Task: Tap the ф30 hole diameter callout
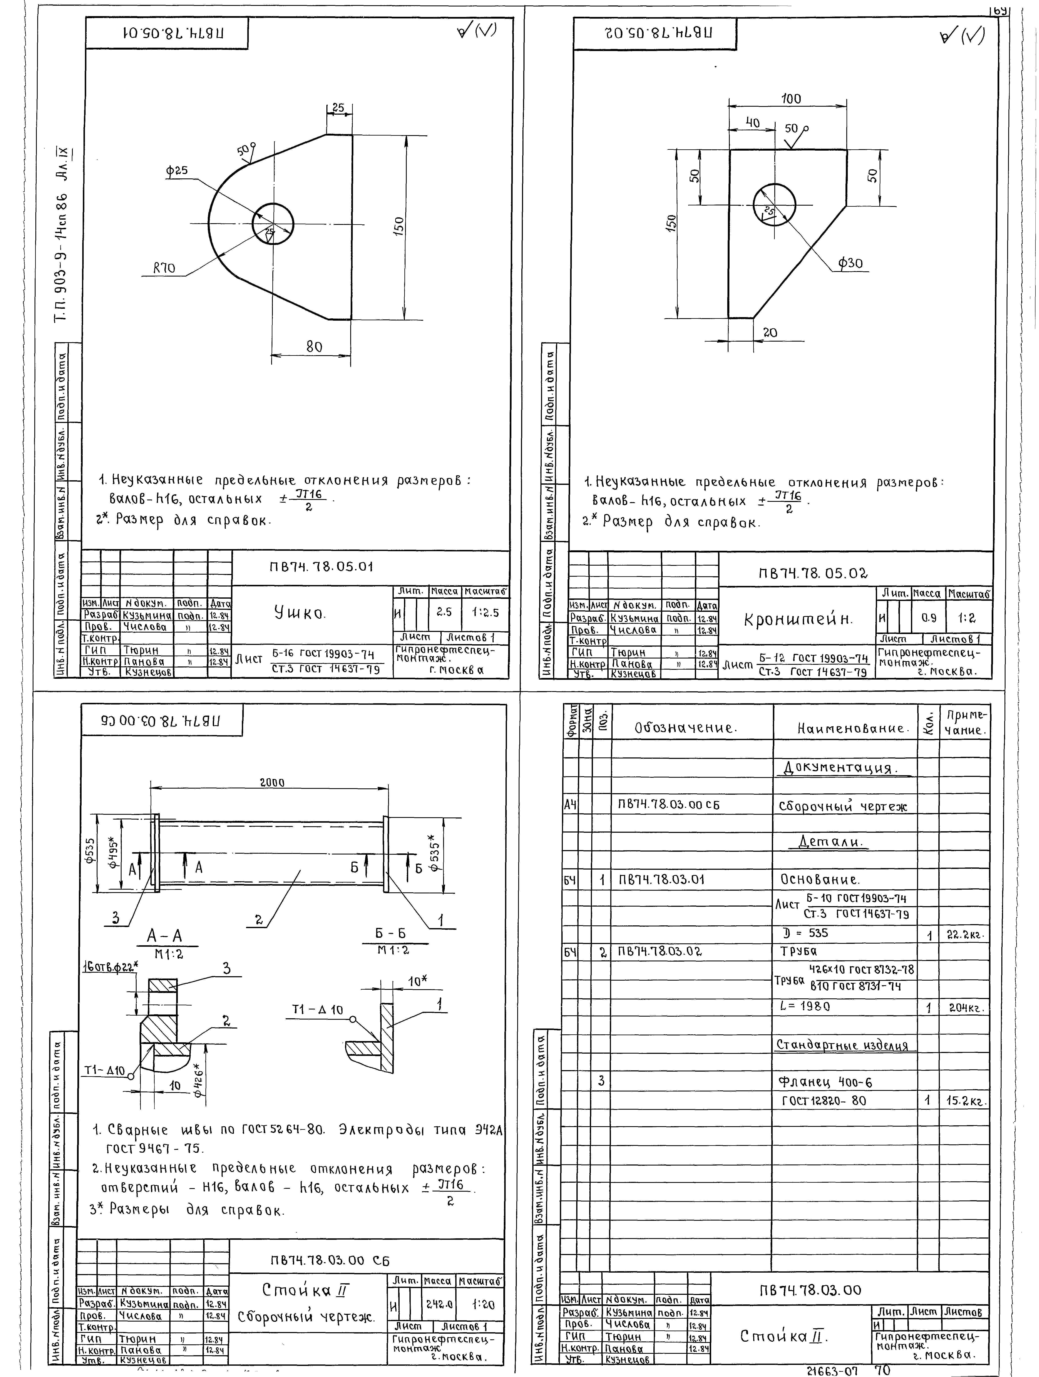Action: click(x=850, y=263)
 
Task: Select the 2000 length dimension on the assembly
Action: click(x=272, y=783)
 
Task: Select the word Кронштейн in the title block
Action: click(x=798, y=620)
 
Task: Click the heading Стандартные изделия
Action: click(x=842, y=1045)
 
